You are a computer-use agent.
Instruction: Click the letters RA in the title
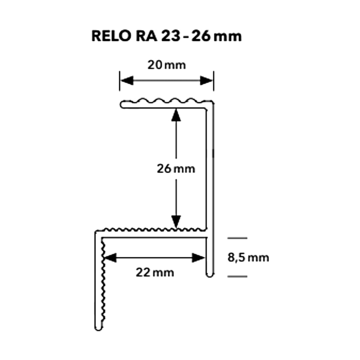tap(146, 36)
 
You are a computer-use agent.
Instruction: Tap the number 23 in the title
tap(171, 36)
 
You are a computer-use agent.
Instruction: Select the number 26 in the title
tap(201, 36)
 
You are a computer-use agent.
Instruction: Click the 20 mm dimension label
tap(166, 65)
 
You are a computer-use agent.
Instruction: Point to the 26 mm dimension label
tap(176, 169)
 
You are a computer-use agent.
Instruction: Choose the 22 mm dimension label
tap(155, 273)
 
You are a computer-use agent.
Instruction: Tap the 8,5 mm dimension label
tap(248, 258)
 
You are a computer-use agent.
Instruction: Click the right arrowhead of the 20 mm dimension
tap(206, 80)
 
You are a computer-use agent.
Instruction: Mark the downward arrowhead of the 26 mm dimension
tap(176, 222)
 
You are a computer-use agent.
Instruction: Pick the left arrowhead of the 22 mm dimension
tap(110, 258)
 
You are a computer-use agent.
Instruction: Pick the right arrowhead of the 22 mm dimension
tap(198, 258)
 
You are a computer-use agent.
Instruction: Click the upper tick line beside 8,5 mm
tap(237, 238)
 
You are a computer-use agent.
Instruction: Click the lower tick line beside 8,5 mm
tap(237, 276)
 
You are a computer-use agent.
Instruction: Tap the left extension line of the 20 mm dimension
tap(119, 81)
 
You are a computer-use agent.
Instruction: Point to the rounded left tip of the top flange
tap(121, 105)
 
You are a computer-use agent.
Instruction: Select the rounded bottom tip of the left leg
tap(99, 328)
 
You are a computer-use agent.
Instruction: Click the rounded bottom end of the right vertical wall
tap(210, 275)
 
